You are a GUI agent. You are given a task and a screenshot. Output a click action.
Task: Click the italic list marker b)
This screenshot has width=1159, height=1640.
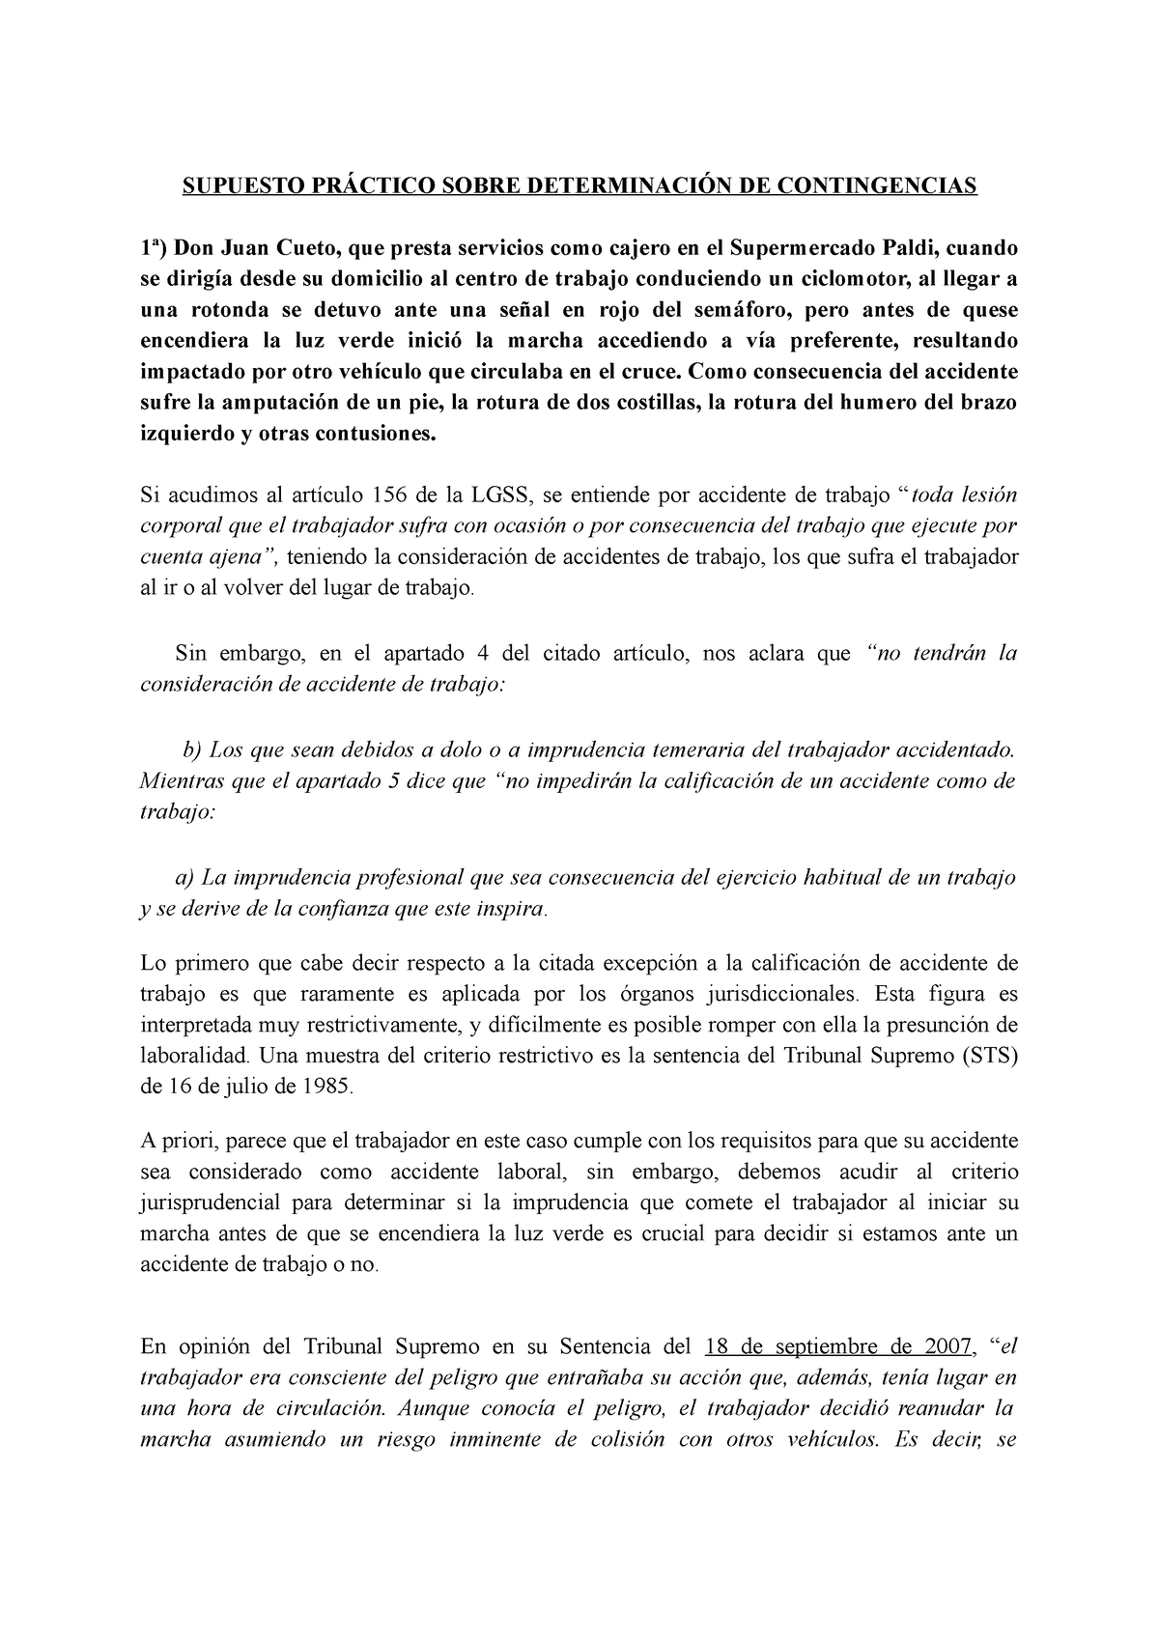pyautogui.click(x=191, y=749)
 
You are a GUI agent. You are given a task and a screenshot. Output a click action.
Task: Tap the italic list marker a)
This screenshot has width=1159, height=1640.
pyautogui.click(x=184, y=877)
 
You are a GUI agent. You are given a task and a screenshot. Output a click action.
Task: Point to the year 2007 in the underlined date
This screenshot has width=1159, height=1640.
pyautogui.click(x=947, y=1347)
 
